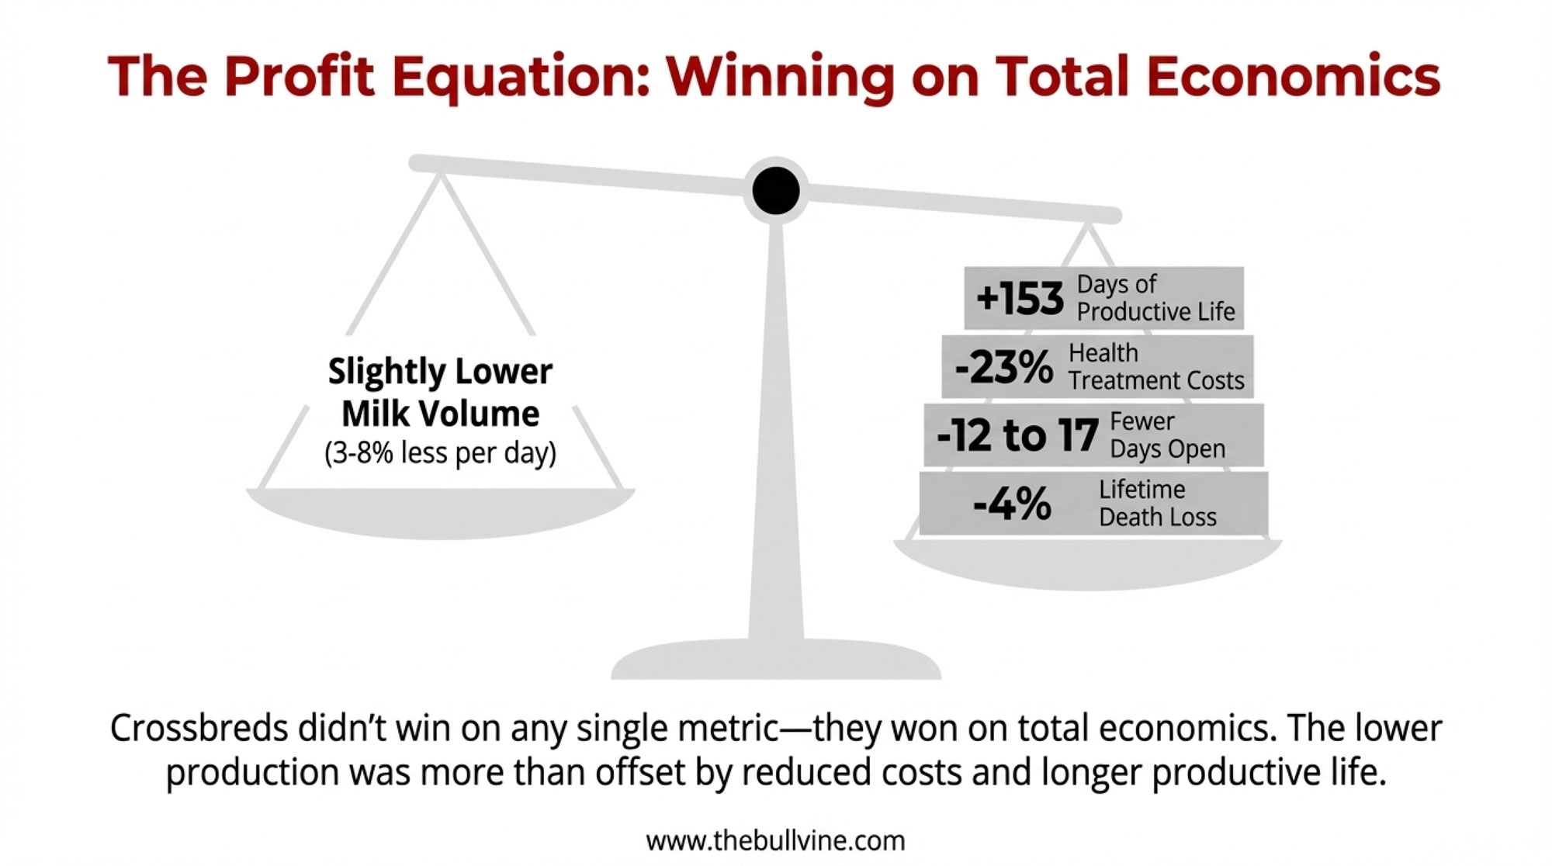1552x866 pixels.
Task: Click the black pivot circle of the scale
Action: tap(776, 190)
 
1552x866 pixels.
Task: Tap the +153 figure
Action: tap(1020, 299)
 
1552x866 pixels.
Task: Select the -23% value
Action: tap(1003, 367)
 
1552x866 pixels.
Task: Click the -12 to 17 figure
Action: tap(1017, 435)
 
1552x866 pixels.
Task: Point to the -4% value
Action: tap(1012, 504)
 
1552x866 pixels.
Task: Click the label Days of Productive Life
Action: tap(1155, 298)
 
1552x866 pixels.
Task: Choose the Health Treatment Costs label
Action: tap(1156, 367)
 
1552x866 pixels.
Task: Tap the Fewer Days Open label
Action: tap(1168, 435)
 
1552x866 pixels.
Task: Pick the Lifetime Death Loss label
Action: tap(1158, 504)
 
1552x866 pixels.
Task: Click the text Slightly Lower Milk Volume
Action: tap(440, 393)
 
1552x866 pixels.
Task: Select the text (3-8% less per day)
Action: tap(440, 453)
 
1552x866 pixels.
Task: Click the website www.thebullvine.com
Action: tap(775, 840)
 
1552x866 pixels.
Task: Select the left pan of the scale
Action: tap(441, 512)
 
